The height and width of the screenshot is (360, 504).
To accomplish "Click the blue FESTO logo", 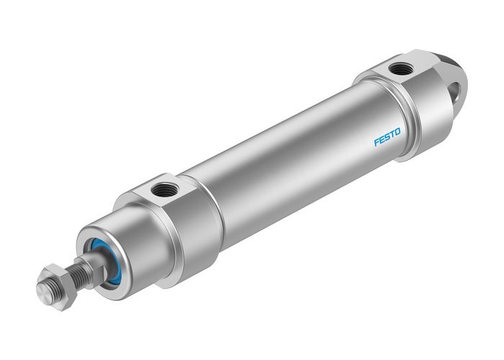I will (388, 137).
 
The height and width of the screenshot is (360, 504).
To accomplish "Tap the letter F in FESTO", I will (377, 143).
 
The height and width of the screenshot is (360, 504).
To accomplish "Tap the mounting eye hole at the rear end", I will (454, 91).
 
